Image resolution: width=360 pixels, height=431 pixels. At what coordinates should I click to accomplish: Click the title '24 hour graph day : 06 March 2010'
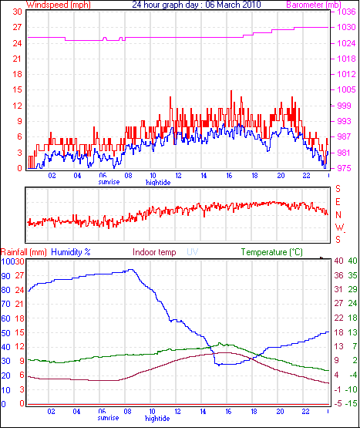(197, 5)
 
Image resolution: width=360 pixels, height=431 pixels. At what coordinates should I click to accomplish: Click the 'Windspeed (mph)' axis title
(59, 5)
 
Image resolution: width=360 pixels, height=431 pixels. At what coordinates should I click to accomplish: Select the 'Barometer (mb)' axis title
(314, 5)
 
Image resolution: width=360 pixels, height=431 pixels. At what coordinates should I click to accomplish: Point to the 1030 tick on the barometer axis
(347, 27)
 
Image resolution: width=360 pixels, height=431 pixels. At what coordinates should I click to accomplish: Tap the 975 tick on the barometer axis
(344, 168)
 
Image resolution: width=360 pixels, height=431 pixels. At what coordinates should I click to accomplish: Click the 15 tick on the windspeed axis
(17, 89)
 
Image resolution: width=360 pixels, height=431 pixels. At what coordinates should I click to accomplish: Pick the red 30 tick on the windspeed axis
(17, 12)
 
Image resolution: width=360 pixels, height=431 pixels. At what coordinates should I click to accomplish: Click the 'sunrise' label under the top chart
(109, 182)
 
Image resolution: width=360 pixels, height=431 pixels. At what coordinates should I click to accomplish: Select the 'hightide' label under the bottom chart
(157, 419)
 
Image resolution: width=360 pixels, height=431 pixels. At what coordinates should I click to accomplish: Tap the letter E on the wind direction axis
(338, 202)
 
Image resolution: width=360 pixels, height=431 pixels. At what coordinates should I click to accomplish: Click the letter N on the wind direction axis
(338, 214)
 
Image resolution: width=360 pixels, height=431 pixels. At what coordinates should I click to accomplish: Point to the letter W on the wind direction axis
(340, 227)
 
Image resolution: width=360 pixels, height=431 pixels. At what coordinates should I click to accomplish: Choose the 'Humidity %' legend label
(71, 252)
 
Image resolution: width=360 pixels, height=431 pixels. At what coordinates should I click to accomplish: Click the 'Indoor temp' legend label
(154, 252)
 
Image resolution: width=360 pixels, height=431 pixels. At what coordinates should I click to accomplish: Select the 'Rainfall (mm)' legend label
(24, 252)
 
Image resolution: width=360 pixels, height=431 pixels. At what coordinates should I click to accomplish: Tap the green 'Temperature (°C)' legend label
(272, 252)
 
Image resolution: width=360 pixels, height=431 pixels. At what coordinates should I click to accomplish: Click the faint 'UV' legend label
(193, 252)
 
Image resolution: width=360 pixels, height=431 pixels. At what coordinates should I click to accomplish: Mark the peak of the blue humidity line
(131, 270)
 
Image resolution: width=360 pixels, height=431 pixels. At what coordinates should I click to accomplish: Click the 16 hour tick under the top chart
(229, 175)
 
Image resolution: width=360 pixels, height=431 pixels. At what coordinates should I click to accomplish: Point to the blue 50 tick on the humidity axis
(5, 333)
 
